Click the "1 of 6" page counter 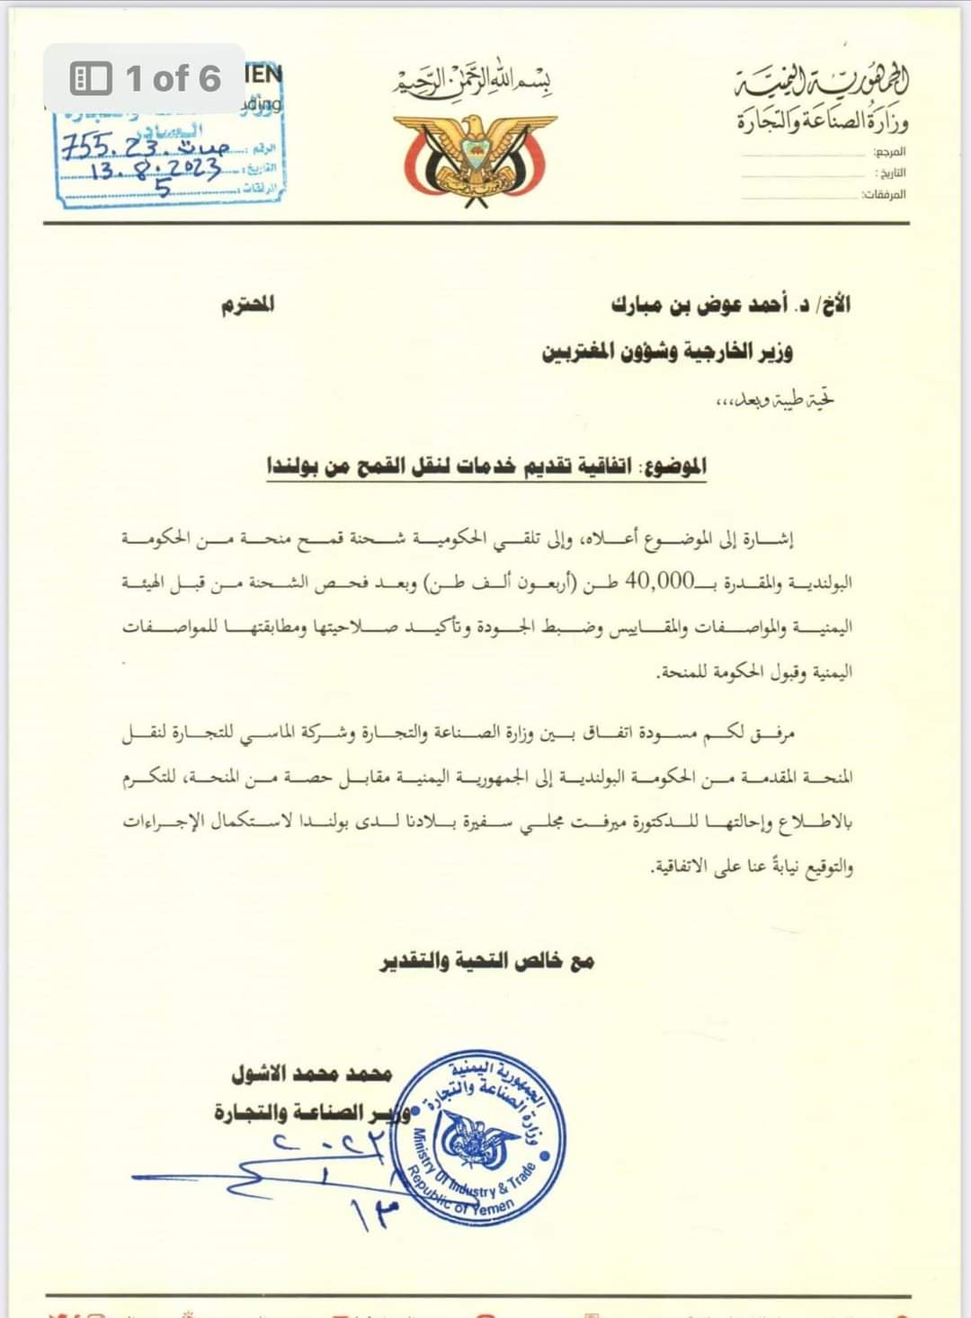pyautogui.click(x=146, y=79)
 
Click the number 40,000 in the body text pyautogui.click(x=660, y=582)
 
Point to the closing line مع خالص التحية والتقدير pyautogui.click(x=485, y=961)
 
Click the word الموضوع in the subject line pyautogui.click(x=674, y=466)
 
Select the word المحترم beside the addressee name pyautogui.click(x=248, y=305)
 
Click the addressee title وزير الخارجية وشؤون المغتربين pyautogui.click(x=667, y=352)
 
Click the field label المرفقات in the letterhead pyautogui.click(x=885, y=194)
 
